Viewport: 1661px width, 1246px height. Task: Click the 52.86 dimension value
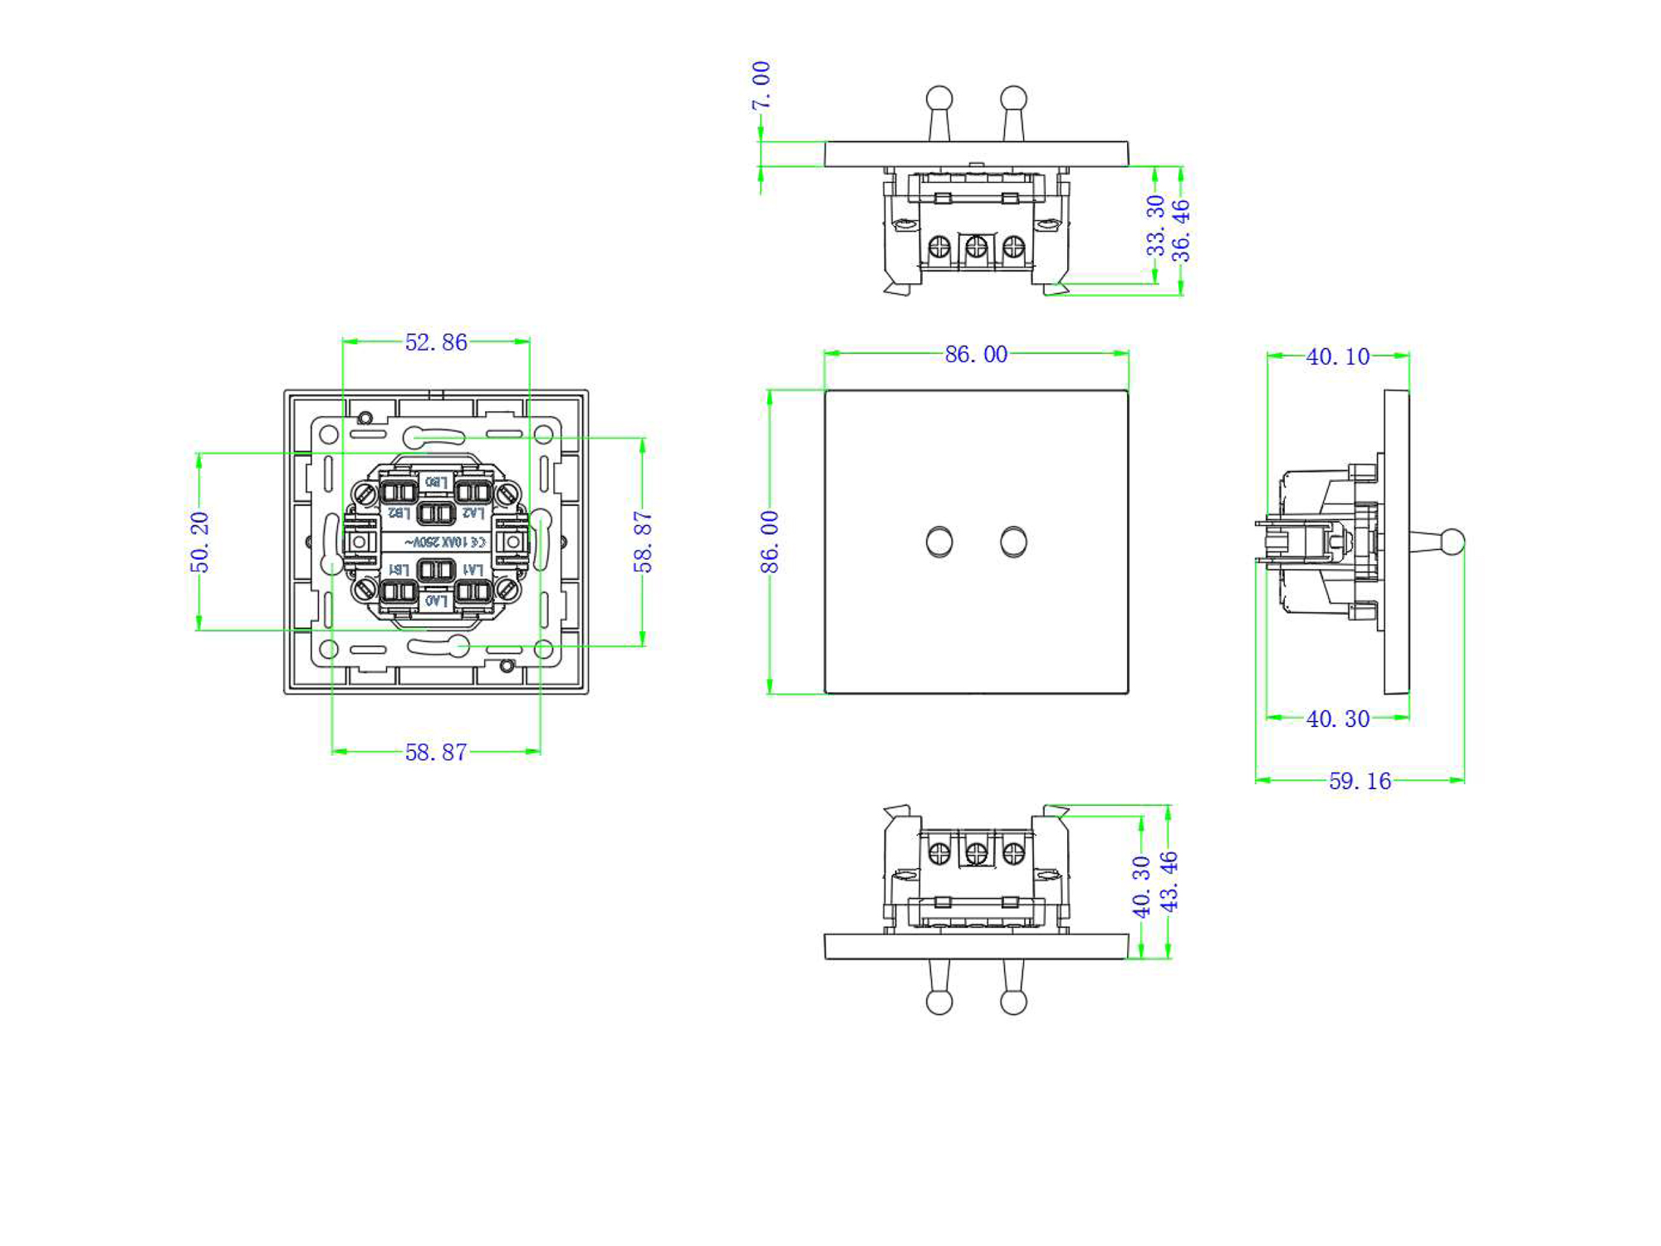(436, 342)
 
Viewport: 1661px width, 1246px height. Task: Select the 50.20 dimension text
(200, 542)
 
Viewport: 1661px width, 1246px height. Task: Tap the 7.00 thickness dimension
(761, 86)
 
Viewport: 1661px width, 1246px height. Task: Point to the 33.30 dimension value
(1155, 225)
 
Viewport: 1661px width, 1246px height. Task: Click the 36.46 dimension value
(1181, 231)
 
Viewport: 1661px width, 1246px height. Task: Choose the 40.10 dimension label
(1337, 356)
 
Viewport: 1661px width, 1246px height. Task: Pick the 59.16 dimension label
(1360, 781)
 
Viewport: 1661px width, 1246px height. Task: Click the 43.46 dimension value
(1169, 881)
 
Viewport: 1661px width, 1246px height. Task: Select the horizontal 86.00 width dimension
(976, 355)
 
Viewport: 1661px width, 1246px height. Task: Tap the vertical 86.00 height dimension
(770, 542)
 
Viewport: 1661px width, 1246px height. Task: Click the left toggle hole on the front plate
(939, 542)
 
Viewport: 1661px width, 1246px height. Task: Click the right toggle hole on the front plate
(1013, 542)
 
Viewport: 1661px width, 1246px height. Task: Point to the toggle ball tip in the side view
(1452, 542)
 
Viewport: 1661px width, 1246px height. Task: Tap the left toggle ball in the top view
(939, 98)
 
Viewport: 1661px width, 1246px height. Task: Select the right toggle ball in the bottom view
(1013, 1002)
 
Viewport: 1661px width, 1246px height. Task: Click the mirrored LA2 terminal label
(473, 513)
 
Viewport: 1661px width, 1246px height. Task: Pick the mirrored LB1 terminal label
(399, 569)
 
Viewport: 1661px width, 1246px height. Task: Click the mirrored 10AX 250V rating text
(445, 542)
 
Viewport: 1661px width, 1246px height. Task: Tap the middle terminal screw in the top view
(976, 247)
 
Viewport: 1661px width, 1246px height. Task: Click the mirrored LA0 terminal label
(436, 600)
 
